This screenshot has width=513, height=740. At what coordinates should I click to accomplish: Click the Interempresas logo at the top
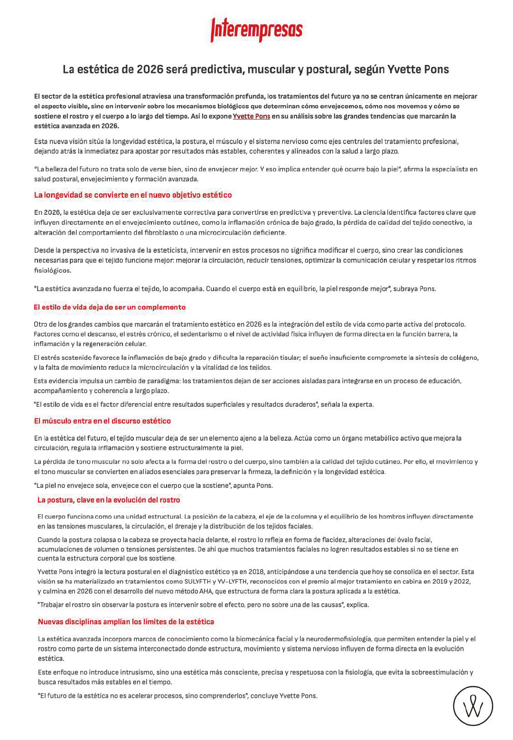point(256,30)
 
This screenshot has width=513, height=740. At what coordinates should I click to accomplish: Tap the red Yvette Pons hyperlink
point(251,116)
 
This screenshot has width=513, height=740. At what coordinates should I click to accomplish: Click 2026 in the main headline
point(149,70)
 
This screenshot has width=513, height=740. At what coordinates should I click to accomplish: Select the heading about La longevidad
point(133,195)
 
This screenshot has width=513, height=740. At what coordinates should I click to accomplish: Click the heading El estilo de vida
point(110,307)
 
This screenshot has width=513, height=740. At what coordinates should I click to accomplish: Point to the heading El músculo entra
point(102,421)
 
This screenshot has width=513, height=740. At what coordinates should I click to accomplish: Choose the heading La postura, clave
point(109,500)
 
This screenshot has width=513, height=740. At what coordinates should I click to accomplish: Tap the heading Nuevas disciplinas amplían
point(126,621)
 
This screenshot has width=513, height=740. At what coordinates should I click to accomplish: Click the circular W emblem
point(473,706)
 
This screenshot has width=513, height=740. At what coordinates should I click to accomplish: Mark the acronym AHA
point(205,591)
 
